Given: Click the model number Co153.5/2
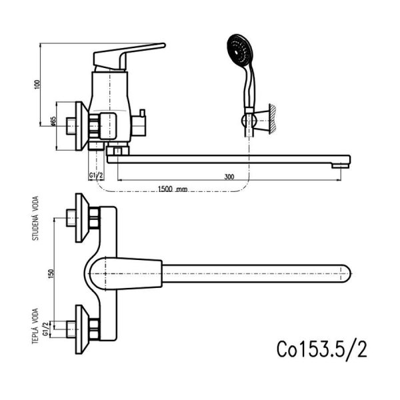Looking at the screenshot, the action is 322,350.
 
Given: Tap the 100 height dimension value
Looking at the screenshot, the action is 37,85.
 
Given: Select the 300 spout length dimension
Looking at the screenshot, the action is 229,177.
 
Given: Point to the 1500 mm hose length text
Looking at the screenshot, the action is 173,189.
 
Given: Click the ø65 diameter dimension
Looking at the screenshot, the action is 53,121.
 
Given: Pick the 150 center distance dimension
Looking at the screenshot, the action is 51,274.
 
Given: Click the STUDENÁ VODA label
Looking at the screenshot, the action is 35,218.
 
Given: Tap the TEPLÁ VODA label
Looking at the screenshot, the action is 35,326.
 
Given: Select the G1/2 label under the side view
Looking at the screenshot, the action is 96,175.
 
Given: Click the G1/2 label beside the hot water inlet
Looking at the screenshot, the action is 45,329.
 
